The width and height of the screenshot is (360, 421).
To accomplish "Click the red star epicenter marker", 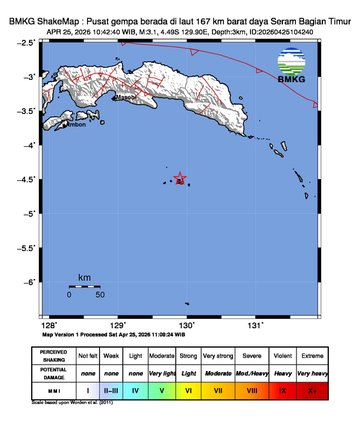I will click(x=180, y=179).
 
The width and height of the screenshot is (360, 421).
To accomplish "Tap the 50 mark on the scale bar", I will click(x=100, y=295).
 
